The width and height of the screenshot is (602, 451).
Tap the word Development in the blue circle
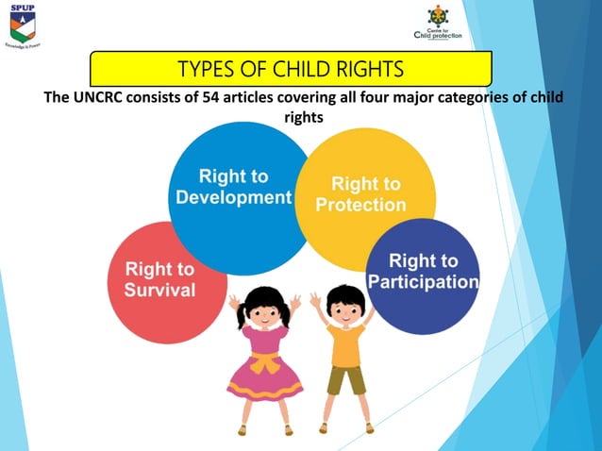point(234,197)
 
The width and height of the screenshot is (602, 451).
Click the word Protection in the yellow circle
point(361,204)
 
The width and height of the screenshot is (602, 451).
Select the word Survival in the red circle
point(159,289)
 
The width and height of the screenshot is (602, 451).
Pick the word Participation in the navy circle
point(424,282)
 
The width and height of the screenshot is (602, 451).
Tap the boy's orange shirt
point(345,346)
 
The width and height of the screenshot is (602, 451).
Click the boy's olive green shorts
point(345,379)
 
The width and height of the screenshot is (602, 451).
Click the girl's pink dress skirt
point(264,382)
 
